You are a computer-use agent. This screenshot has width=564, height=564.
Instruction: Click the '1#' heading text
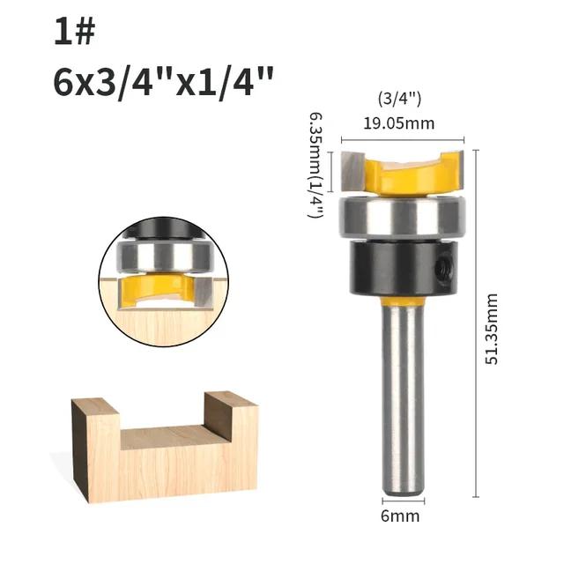[73, 33]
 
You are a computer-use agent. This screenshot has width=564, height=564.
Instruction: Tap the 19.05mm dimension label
[401, 122]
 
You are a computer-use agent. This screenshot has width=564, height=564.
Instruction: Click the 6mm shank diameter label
[401, 516]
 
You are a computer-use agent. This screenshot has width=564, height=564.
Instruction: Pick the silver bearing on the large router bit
[402, 215]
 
